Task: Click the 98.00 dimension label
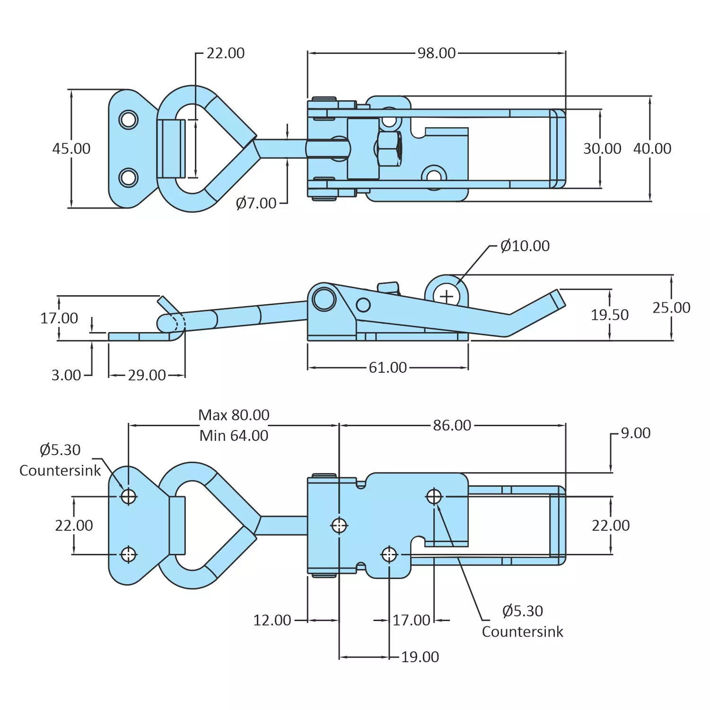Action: [x=436, y=53]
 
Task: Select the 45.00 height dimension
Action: [x=71, y=149]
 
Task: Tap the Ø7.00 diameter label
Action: [x=256, y=203]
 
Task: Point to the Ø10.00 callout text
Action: [x=525, y=246]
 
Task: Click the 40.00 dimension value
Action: [x=652, y=149]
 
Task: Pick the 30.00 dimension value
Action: [x=602, y=149]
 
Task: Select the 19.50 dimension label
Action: [x=609, y=315]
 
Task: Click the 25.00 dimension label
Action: [x=671, y=308]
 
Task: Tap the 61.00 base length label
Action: [x=387, y=368]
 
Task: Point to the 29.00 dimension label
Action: [x=147, y=375]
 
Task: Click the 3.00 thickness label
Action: [x=66, y=375]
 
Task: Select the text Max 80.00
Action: [x=234, y=415]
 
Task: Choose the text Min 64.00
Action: [x=234, y=436]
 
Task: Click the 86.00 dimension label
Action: [x=452, y=425]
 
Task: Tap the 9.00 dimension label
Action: [x=635, y=433]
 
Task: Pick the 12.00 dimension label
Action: [x=272, y=620]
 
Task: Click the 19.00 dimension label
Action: [x=420, y=657]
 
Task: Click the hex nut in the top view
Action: [x=389, y=149]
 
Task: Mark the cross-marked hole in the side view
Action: [x=447, y=297]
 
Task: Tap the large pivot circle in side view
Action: [x=324, y=299]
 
